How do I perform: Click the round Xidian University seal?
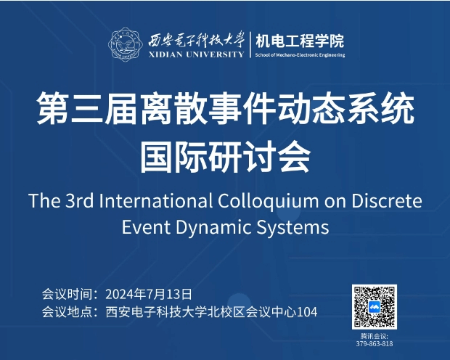click(x=126, y=44)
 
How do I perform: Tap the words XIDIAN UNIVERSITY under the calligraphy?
click(x=196, y=54)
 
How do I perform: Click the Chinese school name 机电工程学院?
click(x=300, y=41)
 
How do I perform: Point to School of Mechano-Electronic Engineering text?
click(x=300, y=55)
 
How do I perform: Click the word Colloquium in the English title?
click(x=268, y=201)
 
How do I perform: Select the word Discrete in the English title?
click(x=387, y=200)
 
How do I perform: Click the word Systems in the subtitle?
click(x=292, y=228)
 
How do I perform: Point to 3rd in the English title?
click(x=80, y=200)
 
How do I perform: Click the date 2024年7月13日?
click(x=149, y=294)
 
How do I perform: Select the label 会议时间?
click(x=67, y=294)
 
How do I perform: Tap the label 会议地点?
click(x=67, y=312)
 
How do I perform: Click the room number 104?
click(x=306, y=312)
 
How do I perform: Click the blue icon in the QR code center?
click(x=375, y=307)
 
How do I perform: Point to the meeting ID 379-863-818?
click(x=375, y=343)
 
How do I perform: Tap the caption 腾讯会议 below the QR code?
click(x=374, y=336)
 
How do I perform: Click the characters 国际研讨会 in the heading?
click(x=225, y=157)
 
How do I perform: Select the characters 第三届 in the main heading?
click(x=87, y=109)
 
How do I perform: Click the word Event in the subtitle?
click(x=146, y=228)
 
